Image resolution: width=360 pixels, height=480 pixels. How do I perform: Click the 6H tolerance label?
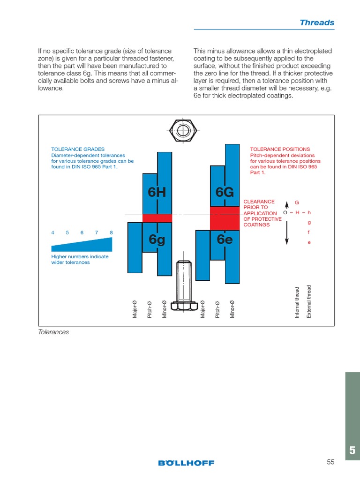coord(157,193)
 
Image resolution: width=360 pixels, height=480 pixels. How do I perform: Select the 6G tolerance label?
coord(225,193)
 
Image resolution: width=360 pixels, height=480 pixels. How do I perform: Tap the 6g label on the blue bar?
coord(157,240)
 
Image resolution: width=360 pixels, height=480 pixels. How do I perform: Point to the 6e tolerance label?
coord(225,240)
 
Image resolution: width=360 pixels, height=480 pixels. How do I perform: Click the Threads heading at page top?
coord(317,22)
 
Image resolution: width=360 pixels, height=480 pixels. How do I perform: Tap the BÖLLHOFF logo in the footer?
coord(186,463)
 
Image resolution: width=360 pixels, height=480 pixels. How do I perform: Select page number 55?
coord(330,462)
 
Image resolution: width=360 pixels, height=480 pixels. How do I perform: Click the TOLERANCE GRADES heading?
coord(78,149)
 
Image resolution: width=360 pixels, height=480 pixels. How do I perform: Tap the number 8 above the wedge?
coord(111,232)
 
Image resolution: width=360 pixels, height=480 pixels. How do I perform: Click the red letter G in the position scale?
coord(297,202)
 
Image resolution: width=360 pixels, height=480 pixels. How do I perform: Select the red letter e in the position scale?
coord(309,242)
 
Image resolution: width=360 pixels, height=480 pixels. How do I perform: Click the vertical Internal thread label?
coord(297,302)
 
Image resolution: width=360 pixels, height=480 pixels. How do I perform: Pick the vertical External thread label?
coord(309,301)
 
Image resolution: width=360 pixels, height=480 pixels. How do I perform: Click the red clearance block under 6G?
coord(225,218)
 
